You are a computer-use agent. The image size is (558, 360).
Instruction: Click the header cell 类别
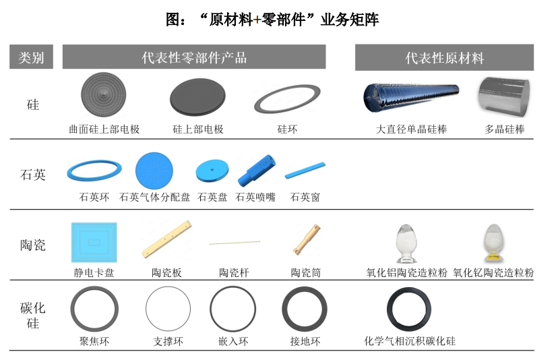coord(31,57)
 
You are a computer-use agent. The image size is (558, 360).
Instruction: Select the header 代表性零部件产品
coord(194,57)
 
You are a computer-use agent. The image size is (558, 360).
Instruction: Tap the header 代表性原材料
coord(444,57)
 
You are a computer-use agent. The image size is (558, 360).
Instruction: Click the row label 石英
coord(32,175)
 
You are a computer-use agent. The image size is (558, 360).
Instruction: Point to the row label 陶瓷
coord(32,245)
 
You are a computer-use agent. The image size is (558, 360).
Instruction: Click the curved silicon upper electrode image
coord(104,96)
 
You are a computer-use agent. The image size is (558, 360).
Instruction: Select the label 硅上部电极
coord(197,129)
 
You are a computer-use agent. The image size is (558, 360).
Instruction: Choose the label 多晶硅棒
coord(505,129)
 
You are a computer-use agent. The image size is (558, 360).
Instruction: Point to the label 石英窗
coord(305,198)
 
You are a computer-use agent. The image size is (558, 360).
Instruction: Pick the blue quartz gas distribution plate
coord(155,170)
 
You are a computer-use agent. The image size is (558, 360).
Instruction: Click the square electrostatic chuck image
coord(94,243)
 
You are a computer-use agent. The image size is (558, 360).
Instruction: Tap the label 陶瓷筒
coord(305,273)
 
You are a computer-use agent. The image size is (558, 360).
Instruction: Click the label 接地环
coord(305,341)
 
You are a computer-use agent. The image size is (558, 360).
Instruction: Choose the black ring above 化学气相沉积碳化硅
coord(409,309)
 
